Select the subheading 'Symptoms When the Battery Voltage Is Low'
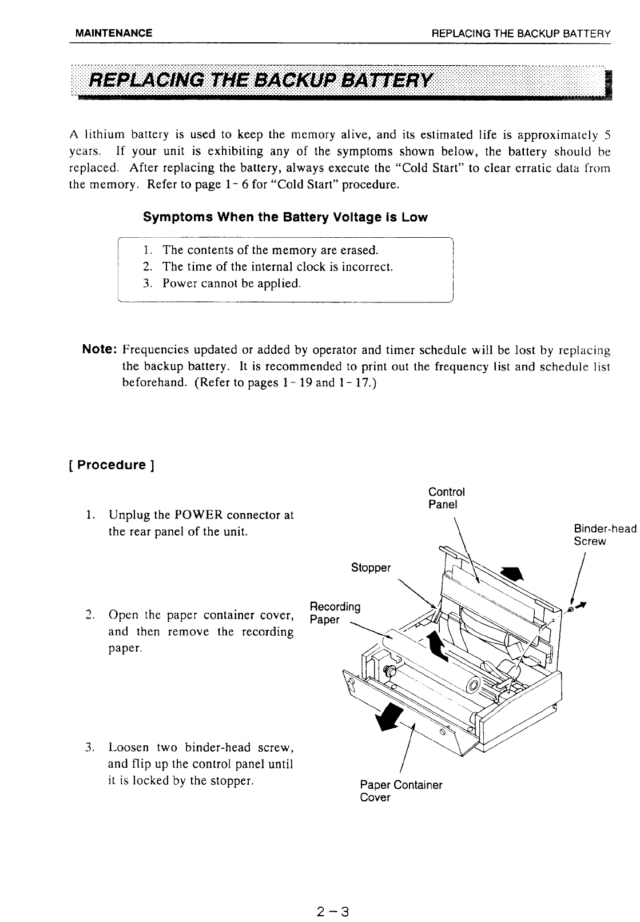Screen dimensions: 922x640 click(x=285, y=218)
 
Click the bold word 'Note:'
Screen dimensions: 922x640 click(x=101, y=349)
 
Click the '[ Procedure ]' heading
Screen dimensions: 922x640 click(x=112, y=465)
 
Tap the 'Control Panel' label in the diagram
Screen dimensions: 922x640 click(x=446, y=498)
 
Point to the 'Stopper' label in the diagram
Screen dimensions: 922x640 click(x=371, y=568)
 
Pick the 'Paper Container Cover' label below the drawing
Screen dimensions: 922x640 click(x=401, y=791)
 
